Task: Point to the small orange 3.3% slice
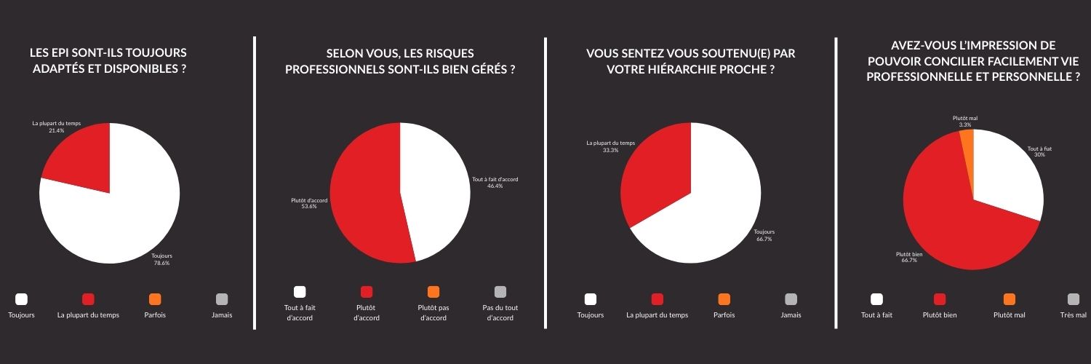click(x=967, y=141)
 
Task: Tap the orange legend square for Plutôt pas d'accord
click(x=433, y=292)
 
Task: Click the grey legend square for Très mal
click(x=1074, y=299)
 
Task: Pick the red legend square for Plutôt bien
click(x=939, y=299)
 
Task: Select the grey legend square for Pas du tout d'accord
click(x=500, y=292)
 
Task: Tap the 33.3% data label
click(x=611, y=151)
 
